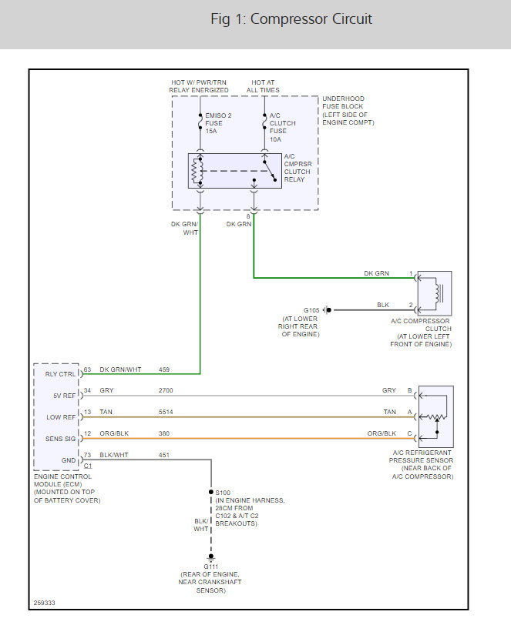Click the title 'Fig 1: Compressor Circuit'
291,19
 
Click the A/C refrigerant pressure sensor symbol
434,416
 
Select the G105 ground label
311,309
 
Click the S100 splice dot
210,491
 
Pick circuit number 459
165,369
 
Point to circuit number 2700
166,391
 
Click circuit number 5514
166,413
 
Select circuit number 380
165,433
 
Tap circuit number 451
165,455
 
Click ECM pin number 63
87,369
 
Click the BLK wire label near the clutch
383,305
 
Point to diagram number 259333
45,603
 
